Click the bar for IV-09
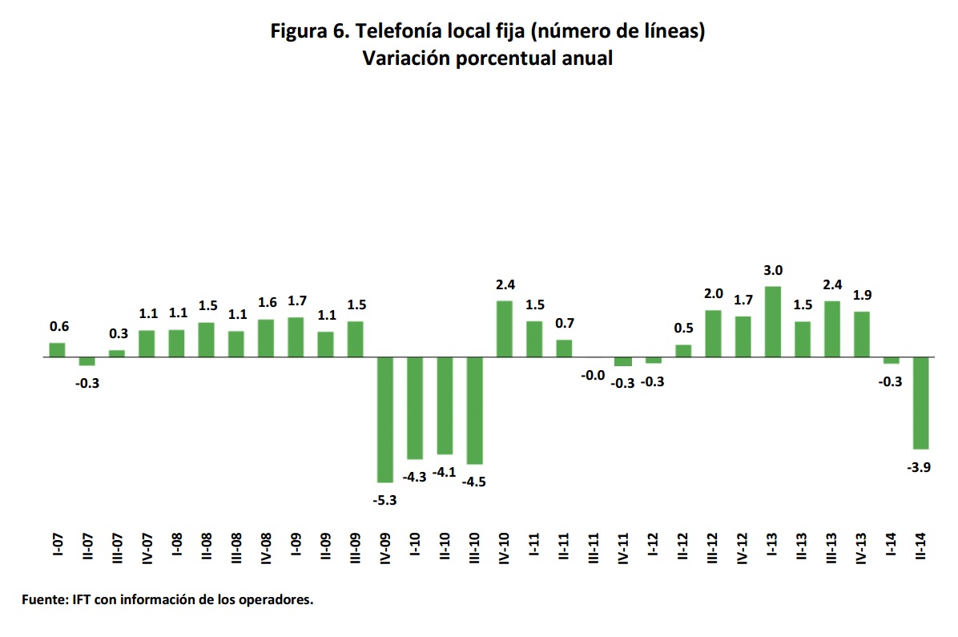pyautogui.click(x=385, y=419)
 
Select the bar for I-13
pyautogui.click(x=772, y=321)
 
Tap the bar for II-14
pyautogui.click(x=921, y=402)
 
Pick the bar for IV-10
pyautogui.click(x=505, y=329)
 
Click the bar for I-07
pyautogui.click(x=57, y=349)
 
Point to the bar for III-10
pyautogui.click(x=474, y=410)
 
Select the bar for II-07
pyautogui.click(x=87, y=361)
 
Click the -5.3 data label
pyautogui.click(x=385, y=500)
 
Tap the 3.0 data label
pyautogui.click(x=773, y=271)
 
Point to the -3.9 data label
pyautogui.click(x=920, y=468)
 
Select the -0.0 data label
pyautogui.click(x=594, y=374)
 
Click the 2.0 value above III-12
pyautogui.click(x=714, y=294)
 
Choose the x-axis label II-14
pyautogui.click(x=921, y=547)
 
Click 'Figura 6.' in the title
pyautogui.click(x=308, y=32)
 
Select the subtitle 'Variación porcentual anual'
pyautogui.click(x=487, y=58)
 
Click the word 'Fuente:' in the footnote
pyautogui.click(x=46, y=599)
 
